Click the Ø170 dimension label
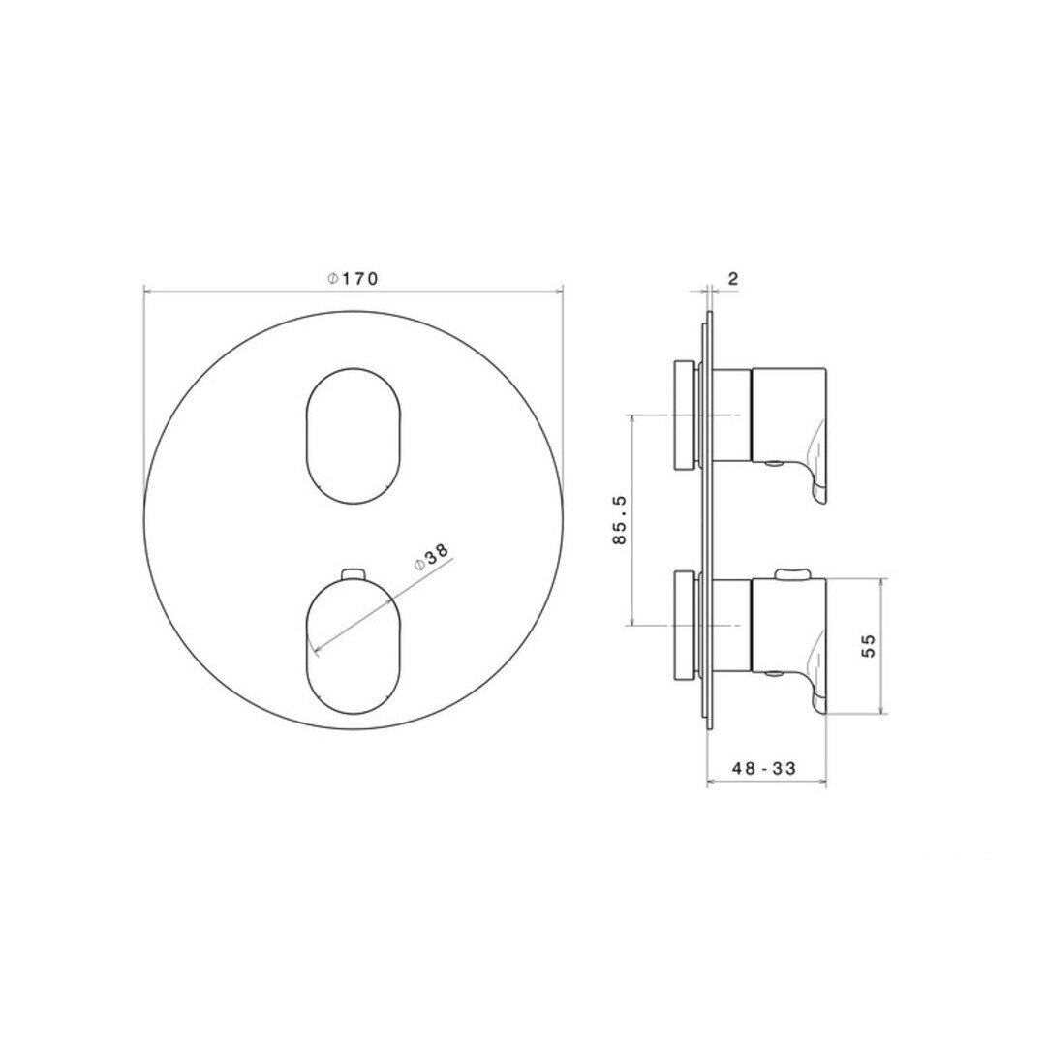tap(353, 278)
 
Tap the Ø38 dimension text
tap(432, 557)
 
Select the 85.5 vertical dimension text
tap(620, 520)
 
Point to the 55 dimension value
tap(868, 646)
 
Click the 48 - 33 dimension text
tap(764, 768)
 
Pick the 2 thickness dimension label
tap(733, 278)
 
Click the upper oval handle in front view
tap(354, 436)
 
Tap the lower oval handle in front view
tap(354, 646)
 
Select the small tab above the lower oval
tap(354, 573)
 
